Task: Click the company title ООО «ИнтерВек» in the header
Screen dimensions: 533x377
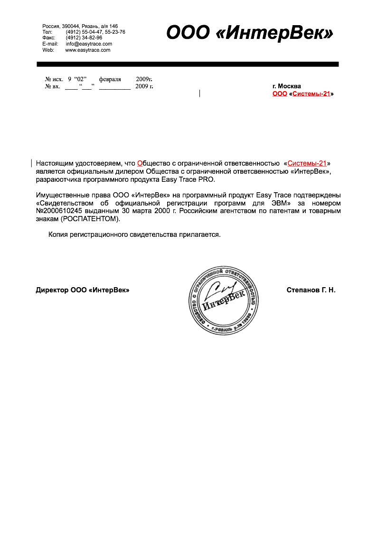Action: click(249, 32)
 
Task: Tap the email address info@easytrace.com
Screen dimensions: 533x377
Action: click(89, 44)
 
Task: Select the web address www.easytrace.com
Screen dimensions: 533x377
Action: click(87, 50)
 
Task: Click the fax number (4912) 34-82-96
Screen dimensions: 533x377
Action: click(84, 37)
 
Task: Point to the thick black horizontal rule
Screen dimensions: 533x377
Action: click(188, 64)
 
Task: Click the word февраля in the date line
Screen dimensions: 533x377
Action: click(110, 79)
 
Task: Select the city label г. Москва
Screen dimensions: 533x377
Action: click(286, 86)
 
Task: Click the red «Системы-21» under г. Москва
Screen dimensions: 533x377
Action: click(311, 94)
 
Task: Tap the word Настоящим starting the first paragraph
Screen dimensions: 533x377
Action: click(55, 164)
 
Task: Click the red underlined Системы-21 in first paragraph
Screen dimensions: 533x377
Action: click(307, 164)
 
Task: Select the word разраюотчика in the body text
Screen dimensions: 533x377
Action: click(58, 180)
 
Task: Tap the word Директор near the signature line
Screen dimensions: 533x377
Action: click(52, 290)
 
